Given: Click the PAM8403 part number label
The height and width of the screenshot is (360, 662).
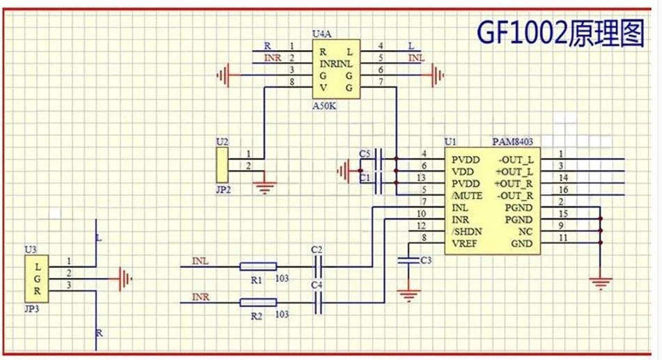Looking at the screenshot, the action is click(x=513, y=141).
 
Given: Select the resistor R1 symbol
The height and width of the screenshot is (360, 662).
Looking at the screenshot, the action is click(x=258, y=266).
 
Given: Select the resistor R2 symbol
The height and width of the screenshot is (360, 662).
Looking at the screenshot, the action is click(x=258, y=302).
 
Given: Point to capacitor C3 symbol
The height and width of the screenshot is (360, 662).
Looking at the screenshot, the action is click(x=408, y=260).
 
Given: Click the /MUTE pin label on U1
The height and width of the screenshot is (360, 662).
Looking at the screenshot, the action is click(x=467, y=196).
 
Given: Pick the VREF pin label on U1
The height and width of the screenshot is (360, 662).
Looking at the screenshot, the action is click(x=464, y=244).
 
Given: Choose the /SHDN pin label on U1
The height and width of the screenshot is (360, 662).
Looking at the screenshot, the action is click(x=466, y=232).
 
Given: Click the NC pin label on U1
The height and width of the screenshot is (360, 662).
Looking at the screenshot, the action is click(x=525, y=232).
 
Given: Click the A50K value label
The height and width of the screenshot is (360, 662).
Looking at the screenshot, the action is click(x=324, y=106).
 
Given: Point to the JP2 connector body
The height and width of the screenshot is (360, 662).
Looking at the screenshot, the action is click(x=222, y=165).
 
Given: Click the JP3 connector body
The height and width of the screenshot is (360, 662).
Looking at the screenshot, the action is click(x=36, y=279).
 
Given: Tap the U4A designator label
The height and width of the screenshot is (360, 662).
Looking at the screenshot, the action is click(x=322, y=33).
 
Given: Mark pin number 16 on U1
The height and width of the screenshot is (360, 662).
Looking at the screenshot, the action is click(x=563, y=189).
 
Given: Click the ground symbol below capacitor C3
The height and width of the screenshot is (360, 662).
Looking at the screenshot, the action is click(x=408, y=295).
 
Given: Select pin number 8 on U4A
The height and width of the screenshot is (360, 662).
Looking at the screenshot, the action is click(x=292, y=82).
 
